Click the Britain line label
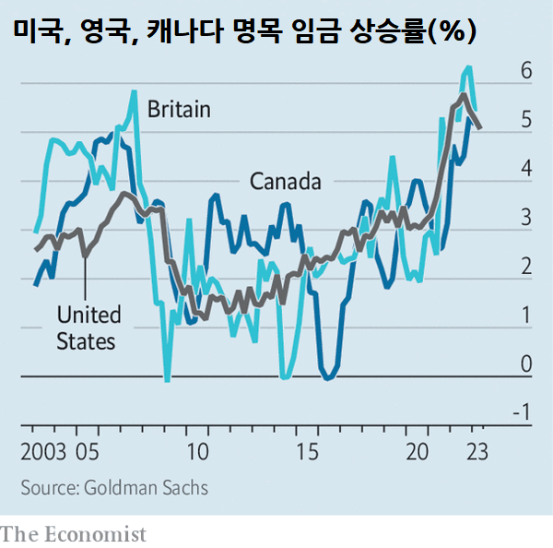click(x=179, y=110)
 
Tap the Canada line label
click(x=286, y=181)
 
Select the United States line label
click(x=87, y=328)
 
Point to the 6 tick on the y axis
click(x=526, y=70)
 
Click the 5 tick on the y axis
click(x=526, y=120)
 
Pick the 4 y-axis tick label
click(x=526, y=169)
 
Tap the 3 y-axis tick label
click(x=526, y=218)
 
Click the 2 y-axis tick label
click(x=526, y=267)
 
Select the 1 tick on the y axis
click(x=526, y=316)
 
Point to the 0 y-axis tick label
click(x=526, y=364)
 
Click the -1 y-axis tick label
click(x=522, y=413)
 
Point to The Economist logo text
click(x=74, y=534)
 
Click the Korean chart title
click(x=243, y=33)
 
